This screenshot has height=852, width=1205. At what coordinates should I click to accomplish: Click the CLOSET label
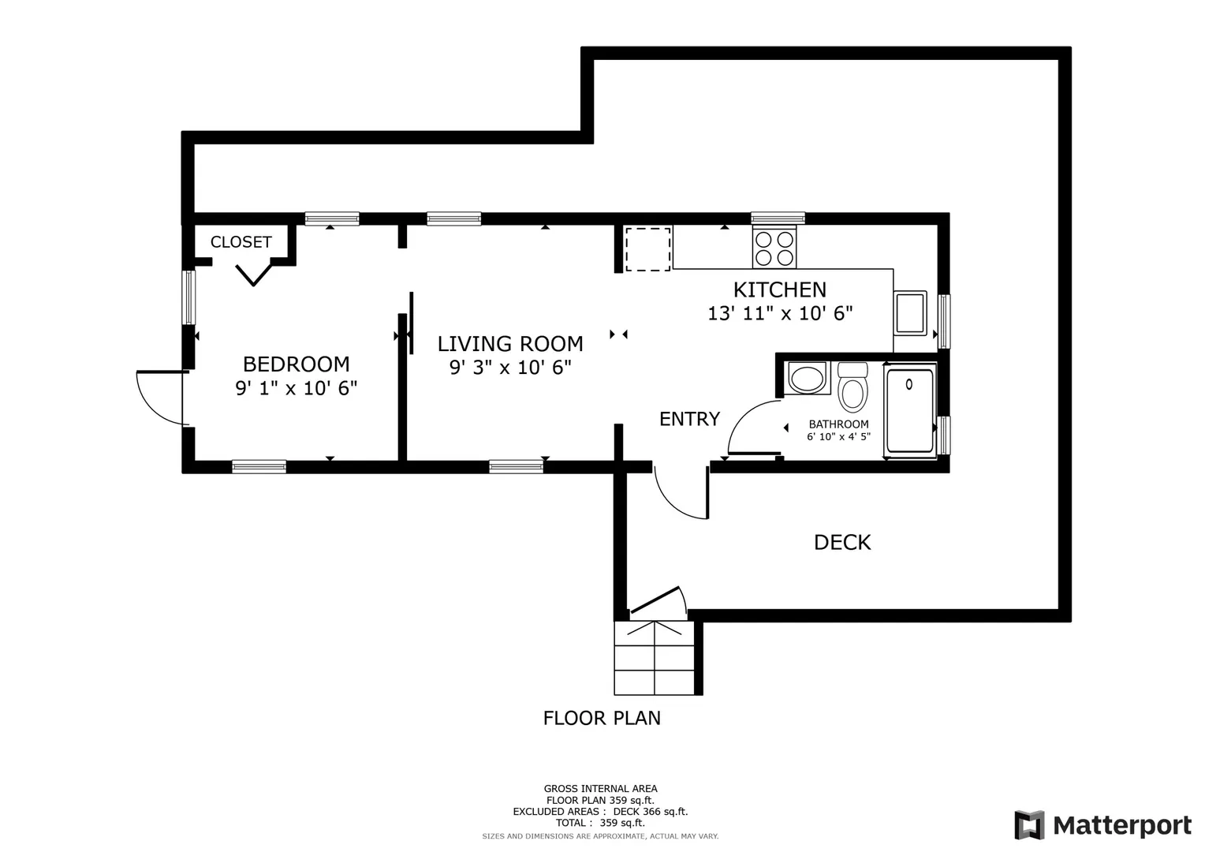[x=241, y=242]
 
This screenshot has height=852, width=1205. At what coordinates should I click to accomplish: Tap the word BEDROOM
[x=297, y=364]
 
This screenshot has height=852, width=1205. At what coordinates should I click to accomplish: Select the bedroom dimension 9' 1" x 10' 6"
[x=297, y=387]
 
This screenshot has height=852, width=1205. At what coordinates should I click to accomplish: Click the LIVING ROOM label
[x=510, y=343]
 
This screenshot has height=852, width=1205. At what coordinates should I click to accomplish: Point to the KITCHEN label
[x=780, y=290]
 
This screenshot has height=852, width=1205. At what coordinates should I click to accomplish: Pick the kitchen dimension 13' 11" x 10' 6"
[x=780, y=313]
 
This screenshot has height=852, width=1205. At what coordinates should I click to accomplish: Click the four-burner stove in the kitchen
[x=774, y=248]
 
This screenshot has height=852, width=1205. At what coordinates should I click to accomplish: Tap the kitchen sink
[x=910, y=313]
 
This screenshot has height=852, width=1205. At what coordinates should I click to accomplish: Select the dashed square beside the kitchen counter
[x=648, y=249]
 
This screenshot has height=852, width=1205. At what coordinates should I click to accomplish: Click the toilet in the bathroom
[x=853, y=387]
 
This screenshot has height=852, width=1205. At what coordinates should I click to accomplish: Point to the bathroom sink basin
[x=807, y=378]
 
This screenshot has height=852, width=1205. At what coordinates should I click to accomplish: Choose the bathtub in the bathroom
[x=910, y=410]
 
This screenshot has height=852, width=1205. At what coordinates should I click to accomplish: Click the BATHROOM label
[x=838, y=424]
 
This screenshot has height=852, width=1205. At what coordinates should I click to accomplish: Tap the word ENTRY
[x=690, y=419]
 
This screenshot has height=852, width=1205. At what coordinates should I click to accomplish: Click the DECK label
[x=842, y=543]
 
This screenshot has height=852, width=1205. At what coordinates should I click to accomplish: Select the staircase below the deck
[x=655, y=658]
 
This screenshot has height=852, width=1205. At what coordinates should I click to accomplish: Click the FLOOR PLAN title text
[x=602, y=718]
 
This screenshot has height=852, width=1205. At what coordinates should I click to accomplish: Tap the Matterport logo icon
[x=1030, y=825]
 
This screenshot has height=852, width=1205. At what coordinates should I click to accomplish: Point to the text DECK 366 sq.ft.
[x=651, y=812]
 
